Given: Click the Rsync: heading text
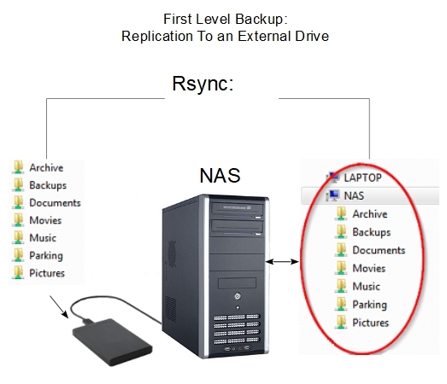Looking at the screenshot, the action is pyautogui.click(x=203, y=84).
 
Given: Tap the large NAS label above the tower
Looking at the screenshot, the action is pyautogui.click(x=220, y=175).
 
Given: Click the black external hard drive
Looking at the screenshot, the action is pyautogui.click(x=112, y=342).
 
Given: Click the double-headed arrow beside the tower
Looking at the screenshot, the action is pyautogui.click(x=282, y=261).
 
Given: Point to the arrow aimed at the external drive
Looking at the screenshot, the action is pyautogui.click(x=59, y=307).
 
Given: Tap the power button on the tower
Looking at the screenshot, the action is pyautogui.click(x=238, y=297).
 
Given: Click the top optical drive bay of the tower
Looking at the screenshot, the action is pyautogui.click(x=237, y=210).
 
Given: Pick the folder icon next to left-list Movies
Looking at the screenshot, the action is pyautogui.click(x=18, y=220).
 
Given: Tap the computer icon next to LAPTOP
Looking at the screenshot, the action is pyautogui.click(x=332, y=177).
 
